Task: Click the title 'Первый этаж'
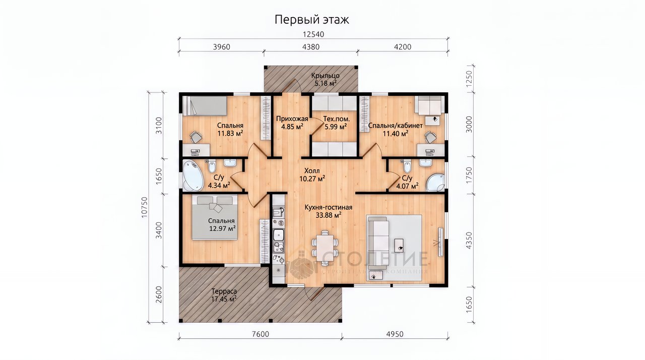311,20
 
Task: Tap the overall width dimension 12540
313,34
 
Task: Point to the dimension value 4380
311,47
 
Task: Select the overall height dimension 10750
144,207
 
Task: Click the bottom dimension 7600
261,334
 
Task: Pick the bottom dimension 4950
395,334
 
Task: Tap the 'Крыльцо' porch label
326,76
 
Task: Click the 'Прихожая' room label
292,118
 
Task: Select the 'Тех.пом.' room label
336,118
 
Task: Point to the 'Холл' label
312,171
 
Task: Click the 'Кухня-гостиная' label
328,207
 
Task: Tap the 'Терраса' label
224,291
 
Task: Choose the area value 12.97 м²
223,229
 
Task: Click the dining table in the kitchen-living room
325,248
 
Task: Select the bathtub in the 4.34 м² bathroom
192,175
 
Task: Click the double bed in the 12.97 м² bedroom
215,217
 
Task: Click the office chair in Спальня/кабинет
430,137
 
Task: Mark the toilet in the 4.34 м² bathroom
212,166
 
